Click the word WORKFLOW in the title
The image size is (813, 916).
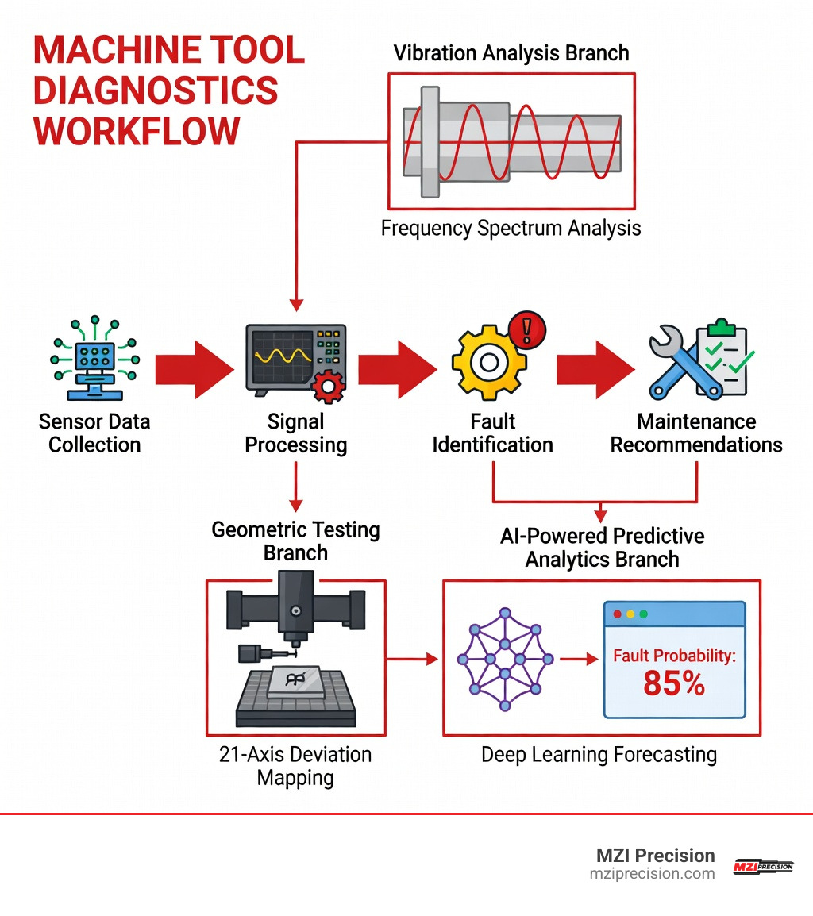pyautogui.click(x=137, y=130)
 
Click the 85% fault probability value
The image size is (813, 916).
pyautogui.click(x=673, y=683)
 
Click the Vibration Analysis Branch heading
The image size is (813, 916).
pyautogui.click(x=511, y=53)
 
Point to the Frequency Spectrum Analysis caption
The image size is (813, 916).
pyautogui.click(x=511, y=229)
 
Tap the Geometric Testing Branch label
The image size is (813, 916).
pyautogui.click(x=295, y=541)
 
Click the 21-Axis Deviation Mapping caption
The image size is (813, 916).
pyautogui.click(x=295, y=765)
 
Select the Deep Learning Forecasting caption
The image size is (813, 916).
pyautogui.click(x=599, y=754)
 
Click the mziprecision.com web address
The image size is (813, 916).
pyautogui.click(x=652, y=873)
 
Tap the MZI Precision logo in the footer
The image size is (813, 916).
pyautogui.click(x=762, y=866)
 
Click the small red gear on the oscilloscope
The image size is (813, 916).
pyautogui.click(x=326, y=387)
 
